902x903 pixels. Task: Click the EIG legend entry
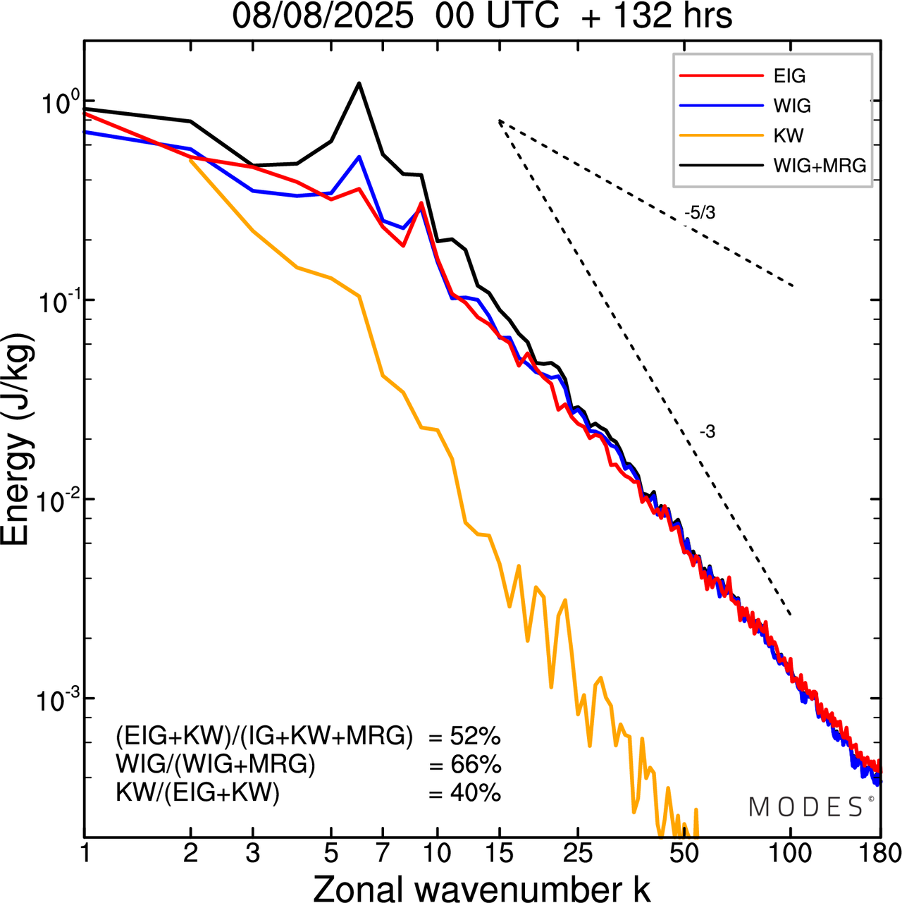pyautogui.click(x=789, y=76)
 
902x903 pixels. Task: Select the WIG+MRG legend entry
pyautogui.click(x=820, y=166)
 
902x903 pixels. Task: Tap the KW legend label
pyautogui.click(x=789, y=135)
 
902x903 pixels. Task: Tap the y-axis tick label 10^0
pyautogui.click(x=56, y=103)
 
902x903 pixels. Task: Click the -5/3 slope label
pyautogui.click(x=700, y=213)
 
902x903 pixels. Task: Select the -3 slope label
pyautogui.click(x=708, y=432)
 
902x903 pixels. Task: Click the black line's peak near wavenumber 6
pyautogui.click(x=359, y=84)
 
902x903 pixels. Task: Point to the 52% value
pyautogui.click(x=475, y=737)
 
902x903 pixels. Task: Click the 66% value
pyautogui.click(x=475, y=765)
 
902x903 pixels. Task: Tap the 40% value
pyautogui.click(x=475, y=793)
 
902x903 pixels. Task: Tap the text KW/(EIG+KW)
pyautogui.click(x=197, y=793)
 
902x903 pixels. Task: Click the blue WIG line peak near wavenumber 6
pyautogui.click(x=359, y=157)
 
